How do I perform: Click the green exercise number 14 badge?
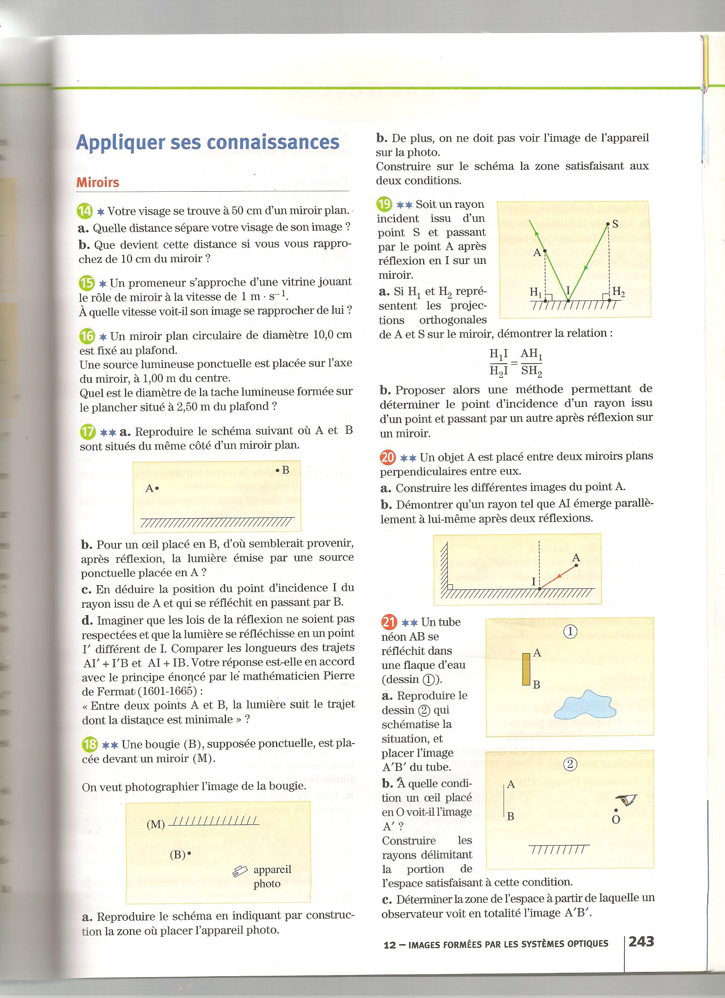point(85,212)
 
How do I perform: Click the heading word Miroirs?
point(98,183)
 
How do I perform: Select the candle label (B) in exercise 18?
point(178,855)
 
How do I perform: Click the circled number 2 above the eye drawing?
point(570,765)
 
